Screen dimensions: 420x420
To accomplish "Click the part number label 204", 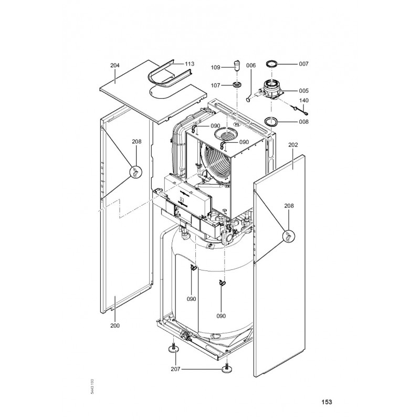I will coord(115,66).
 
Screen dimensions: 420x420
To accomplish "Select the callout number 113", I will coord(190,64).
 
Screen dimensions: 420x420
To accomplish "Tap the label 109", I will coord(216,68).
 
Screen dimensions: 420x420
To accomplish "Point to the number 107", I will coord(216,85).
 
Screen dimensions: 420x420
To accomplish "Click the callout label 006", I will coord(251,66).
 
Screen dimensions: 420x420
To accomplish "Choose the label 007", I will coord(303,64).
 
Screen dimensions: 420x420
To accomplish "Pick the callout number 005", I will coord(303,90).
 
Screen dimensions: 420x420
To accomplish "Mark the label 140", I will coord(303,100).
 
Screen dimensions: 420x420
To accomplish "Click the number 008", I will coord(303,121).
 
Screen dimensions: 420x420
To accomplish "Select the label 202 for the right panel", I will coord(293,144).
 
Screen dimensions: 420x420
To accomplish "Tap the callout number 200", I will coord(115,325).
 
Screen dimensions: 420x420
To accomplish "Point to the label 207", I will coord(175,369).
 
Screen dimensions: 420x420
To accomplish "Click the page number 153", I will coord(327,402).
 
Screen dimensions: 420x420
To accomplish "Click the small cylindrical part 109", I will coord(237,67).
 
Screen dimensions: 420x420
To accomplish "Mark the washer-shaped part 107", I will coord(237,85).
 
